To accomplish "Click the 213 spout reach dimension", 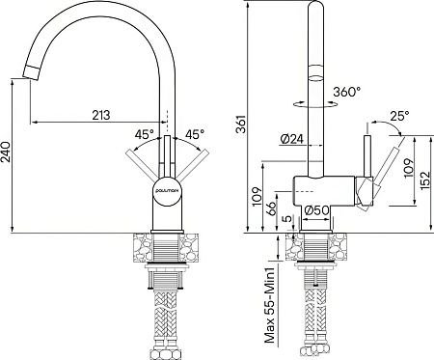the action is coord(101,115).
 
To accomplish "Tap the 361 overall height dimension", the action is coord(241,124).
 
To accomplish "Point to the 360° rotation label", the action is coord(347,92).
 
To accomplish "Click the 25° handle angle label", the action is coord(399,116).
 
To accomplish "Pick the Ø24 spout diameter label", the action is coord(291,139).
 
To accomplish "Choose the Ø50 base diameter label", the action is coord(316,210).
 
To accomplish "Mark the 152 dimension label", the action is coord(425,180).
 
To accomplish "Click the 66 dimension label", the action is coord(271,209).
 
